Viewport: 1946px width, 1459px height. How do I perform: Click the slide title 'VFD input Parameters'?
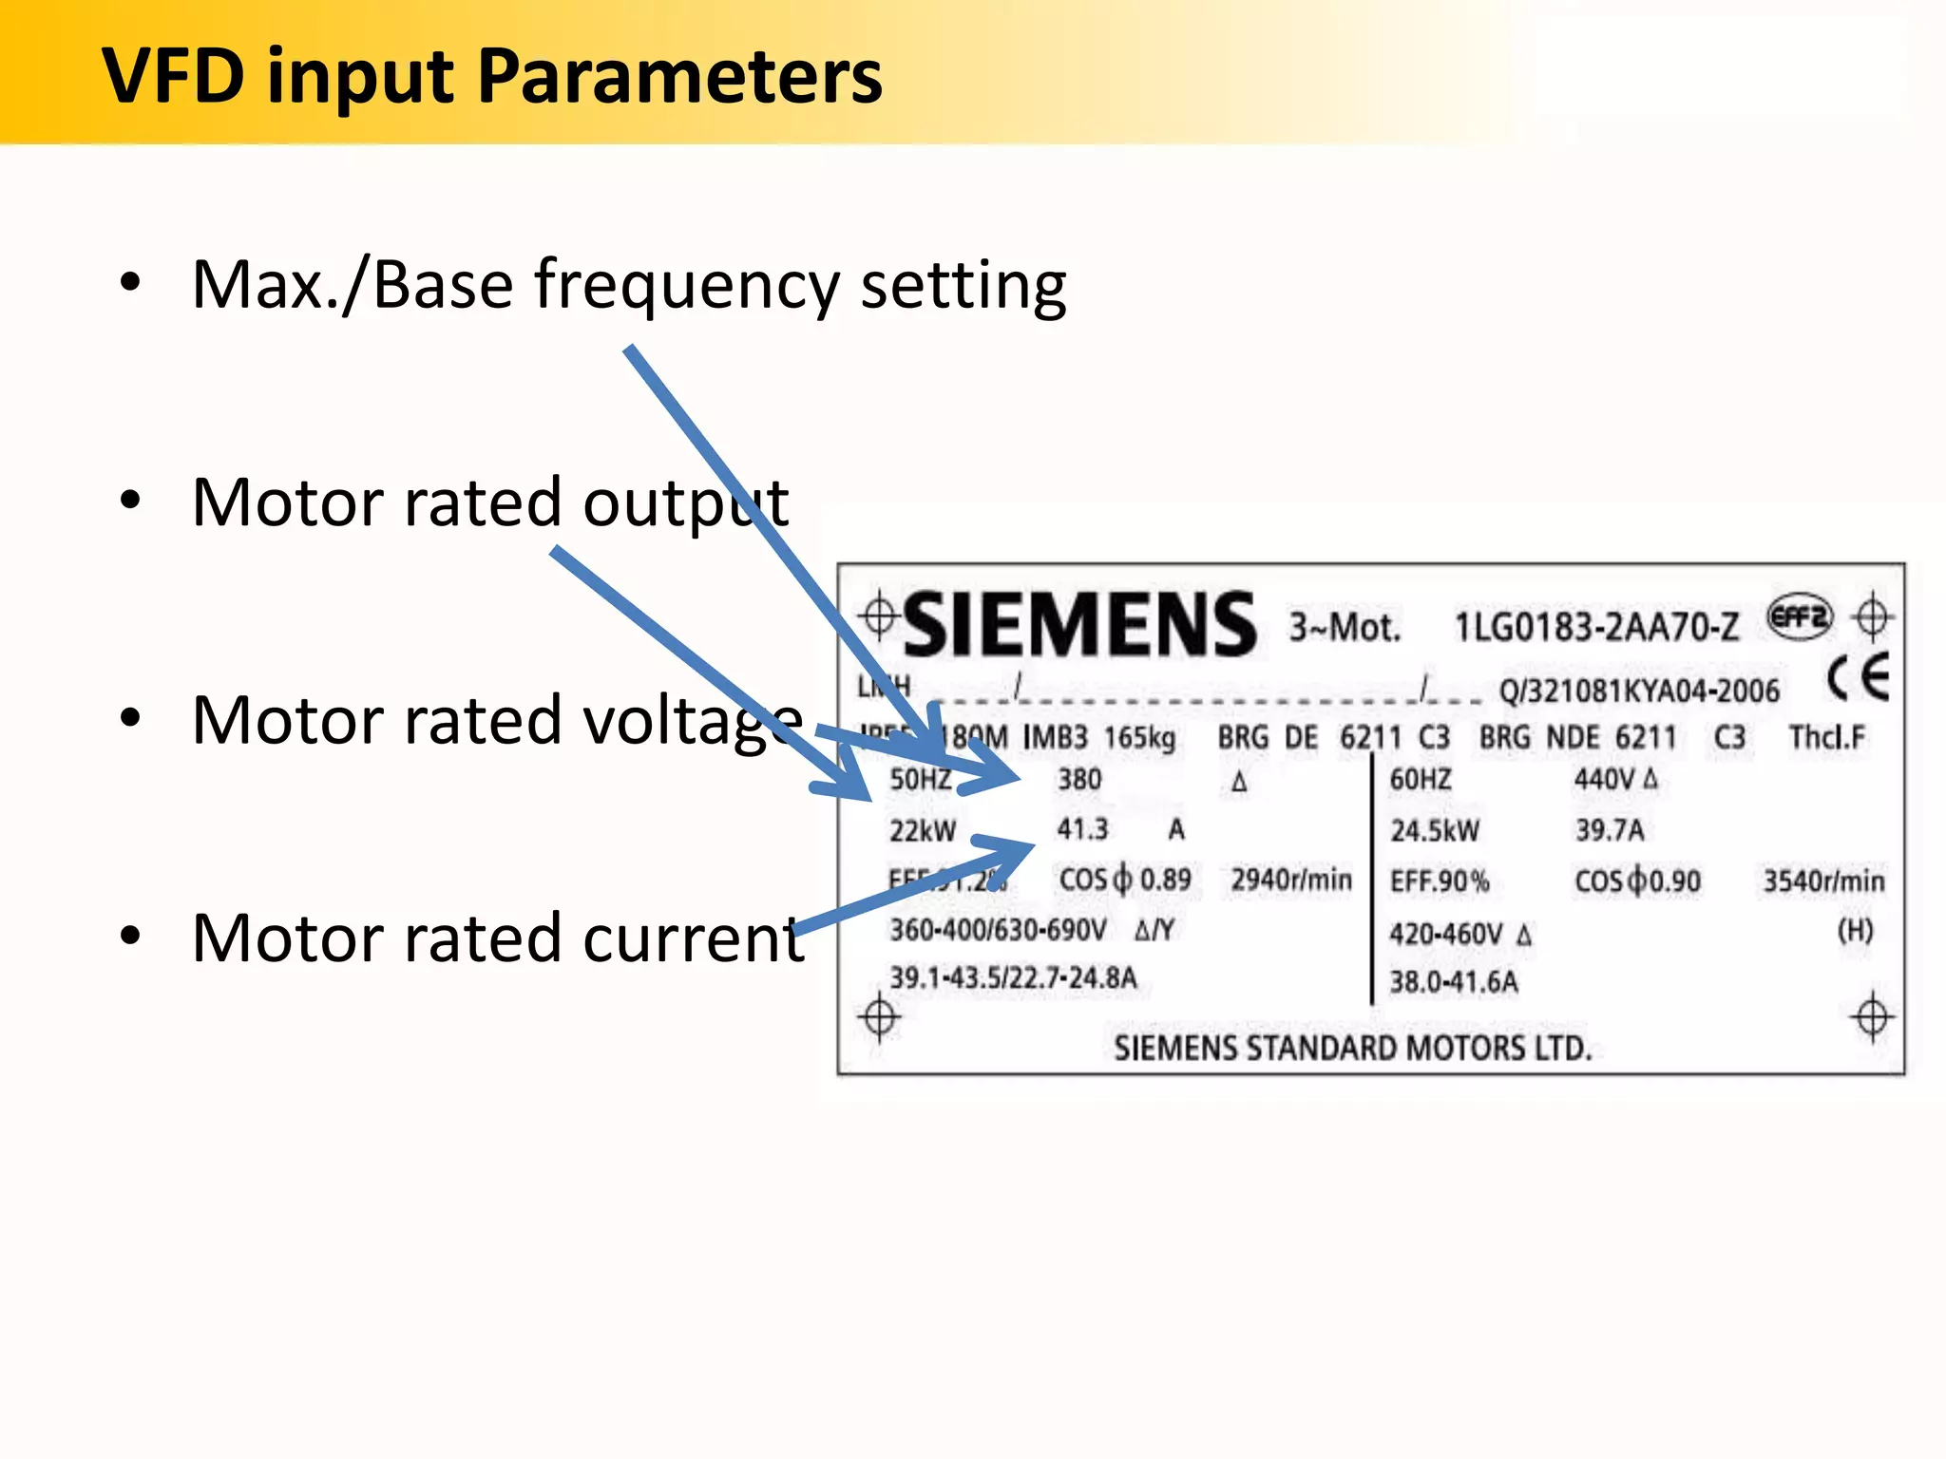tap(492, 76)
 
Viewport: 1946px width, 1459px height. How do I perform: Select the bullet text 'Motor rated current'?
tap(498, 938)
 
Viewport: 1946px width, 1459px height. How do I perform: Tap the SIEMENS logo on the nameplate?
tap(1079, 624)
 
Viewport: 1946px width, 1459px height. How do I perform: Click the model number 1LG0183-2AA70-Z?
tap(1596, 627)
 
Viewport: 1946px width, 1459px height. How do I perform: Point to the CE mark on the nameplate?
tap(1858, 677)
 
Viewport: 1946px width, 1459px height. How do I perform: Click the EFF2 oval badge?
tap(1799, 618)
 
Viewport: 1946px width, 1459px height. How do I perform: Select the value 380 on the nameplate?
tap(1079, 780)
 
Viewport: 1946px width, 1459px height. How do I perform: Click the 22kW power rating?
tap(922, 831)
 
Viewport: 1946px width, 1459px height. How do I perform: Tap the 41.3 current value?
tap(1082, 829)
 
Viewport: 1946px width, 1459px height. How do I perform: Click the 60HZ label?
tap(1420, 780)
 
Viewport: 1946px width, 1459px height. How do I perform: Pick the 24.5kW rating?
tap(1435, 831)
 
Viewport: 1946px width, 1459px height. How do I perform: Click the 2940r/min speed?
tap(1291, 880)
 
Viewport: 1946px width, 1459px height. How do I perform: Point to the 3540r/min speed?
tap(1823, 881)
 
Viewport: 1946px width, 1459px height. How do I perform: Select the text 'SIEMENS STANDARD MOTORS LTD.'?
tap(1352, 1048)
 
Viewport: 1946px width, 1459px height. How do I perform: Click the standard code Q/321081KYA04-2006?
tap(1638, 691)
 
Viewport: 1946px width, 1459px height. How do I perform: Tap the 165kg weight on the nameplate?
tap(1139, 737)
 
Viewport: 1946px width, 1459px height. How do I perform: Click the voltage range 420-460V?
tap(1446, 935)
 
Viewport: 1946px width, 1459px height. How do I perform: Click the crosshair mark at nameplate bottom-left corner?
tap(879, 1018)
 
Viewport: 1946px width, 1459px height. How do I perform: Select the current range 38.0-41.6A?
tap(1453, 981)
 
